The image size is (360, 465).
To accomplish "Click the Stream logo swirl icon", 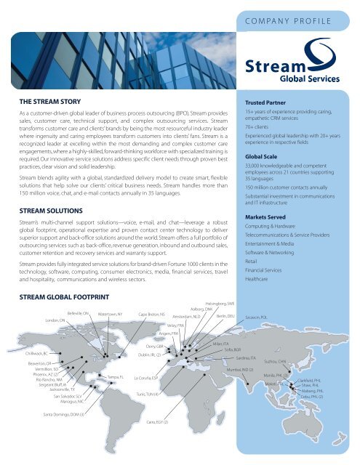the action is [322, 54].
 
